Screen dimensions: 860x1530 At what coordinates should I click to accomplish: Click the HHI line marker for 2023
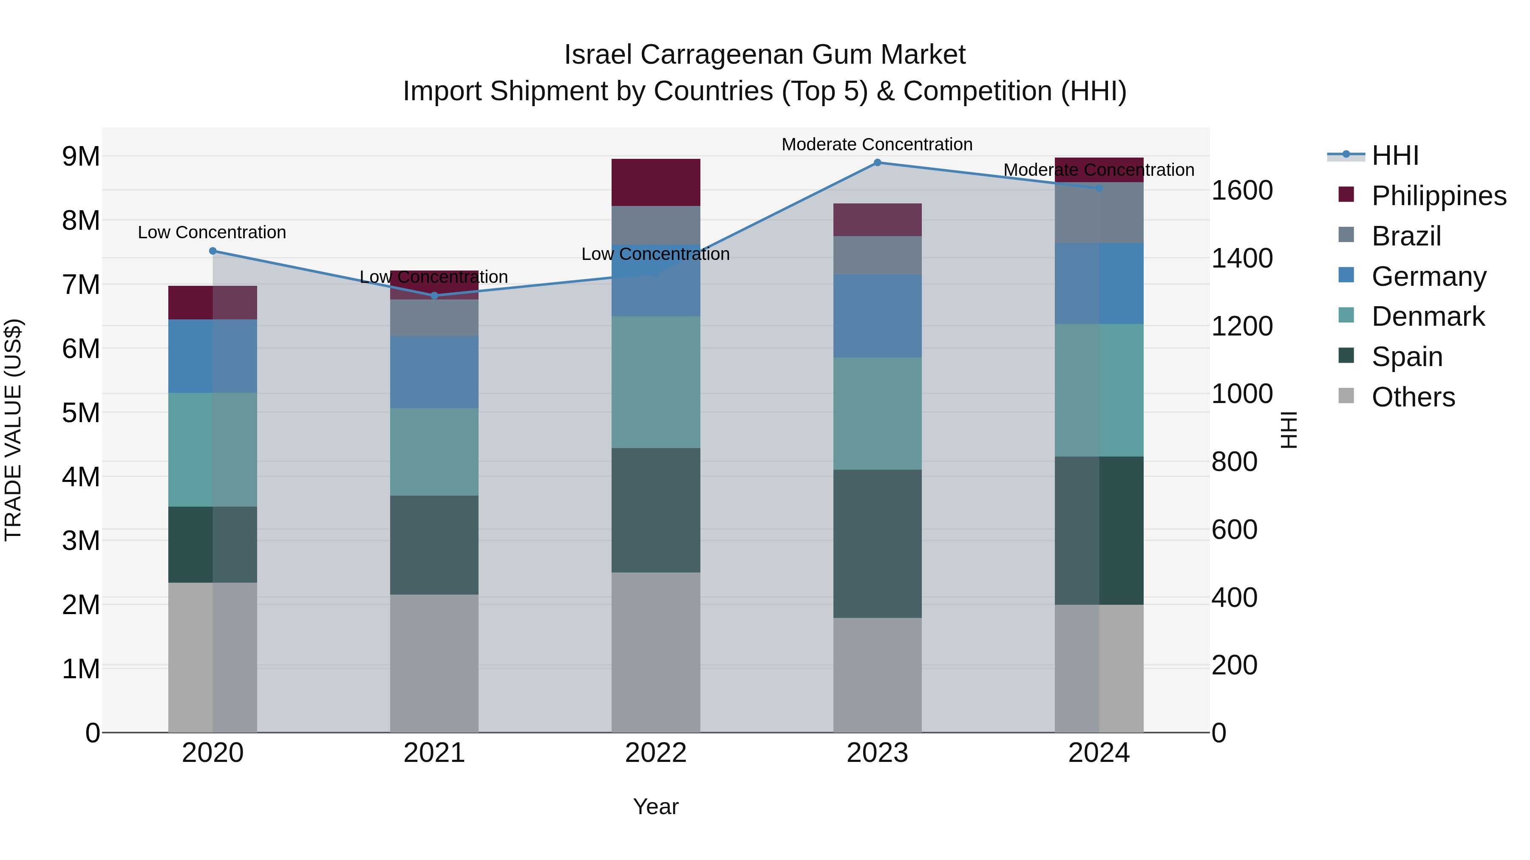[x=877, y=163]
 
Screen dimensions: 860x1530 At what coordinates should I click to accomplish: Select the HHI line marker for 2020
[x=212, y=251]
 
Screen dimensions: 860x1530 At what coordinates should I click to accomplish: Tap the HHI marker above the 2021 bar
[x=434, y=296]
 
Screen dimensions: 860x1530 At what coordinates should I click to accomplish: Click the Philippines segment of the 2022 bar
[x=656, y=182]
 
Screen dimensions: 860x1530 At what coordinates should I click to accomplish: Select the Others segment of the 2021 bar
[x=434, y=663]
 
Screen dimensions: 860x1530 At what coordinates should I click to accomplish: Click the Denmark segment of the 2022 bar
[x=656, y=382]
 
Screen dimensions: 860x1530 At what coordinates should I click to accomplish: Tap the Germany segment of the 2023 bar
[x=877, y=316]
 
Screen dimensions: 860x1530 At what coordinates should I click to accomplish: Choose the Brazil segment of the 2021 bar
[x=434, y=318]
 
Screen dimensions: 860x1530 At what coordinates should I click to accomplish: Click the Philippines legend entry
[x=1439, y=196]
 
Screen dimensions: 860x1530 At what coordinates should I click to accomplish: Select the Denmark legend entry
[x=1428, y=316]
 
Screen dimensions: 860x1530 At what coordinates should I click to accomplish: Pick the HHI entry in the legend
[x=1394, y=155]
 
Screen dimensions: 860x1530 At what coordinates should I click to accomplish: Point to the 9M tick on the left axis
[x=81, y=157]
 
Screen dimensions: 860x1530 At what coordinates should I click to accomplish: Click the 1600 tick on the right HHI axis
[x=1242, y=191]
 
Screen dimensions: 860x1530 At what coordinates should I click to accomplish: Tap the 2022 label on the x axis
[x=656, y=753]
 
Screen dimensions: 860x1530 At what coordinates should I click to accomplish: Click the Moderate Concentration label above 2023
[x=877, y=144]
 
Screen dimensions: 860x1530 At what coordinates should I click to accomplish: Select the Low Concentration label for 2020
[x=212, y=232]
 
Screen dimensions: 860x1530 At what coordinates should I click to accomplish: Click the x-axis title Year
[x=656, y=806]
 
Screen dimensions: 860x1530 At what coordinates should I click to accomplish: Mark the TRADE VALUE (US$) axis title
[x=13, y=430]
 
